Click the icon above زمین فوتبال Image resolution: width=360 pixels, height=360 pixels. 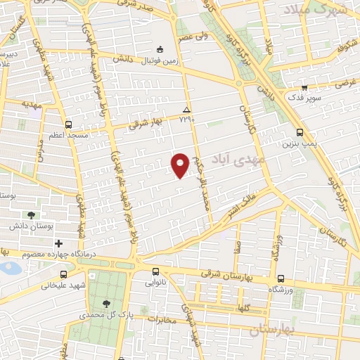coord(160,49)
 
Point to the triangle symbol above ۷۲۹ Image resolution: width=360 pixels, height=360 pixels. coord(186,110)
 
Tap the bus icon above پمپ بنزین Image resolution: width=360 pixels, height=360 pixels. coord(300,132)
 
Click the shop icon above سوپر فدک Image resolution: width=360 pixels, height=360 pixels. coord(303,87)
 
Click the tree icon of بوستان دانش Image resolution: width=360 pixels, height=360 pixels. coord(30,215)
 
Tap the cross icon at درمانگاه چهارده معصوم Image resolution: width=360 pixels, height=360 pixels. coord(59,243)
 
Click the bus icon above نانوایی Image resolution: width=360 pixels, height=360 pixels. coord(156,271)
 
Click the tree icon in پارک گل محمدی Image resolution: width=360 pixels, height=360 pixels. coord(106,304)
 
